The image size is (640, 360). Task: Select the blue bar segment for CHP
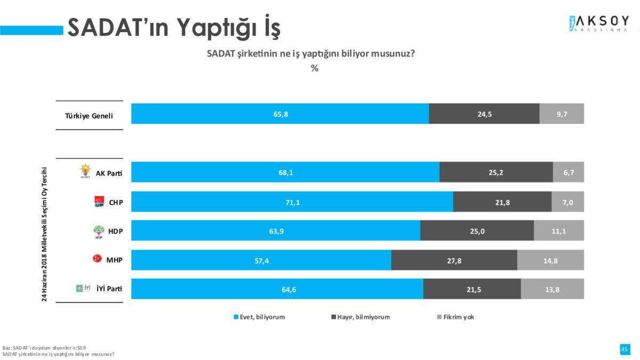click(292, 202)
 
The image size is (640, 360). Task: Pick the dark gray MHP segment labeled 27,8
click(454, 260)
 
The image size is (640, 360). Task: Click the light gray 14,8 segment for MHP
click(550, 260)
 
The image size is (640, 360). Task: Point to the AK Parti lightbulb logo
click(85, 171)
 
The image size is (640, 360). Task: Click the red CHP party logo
click(99, 201)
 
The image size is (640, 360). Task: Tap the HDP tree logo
click(99, 231)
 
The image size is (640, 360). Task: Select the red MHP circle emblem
click(98, 259)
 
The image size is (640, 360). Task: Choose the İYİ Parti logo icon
click(83, 289)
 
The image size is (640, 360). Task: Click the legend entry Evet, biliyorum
click(259, 317)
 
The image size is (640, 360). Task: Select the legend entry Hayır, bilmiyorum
click(361, 317)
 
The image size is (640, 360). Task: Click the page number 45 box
click(624, 349)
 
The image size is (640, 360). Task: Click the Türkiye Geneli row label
click(89, 115)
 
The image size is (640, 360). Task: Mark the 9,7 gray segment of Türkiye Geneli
click(562, 114)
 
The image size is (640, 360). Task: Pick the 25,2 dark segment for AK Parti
click(496, 172)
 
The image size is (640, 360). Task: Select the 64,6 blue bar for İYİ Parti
click(277, 289)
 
